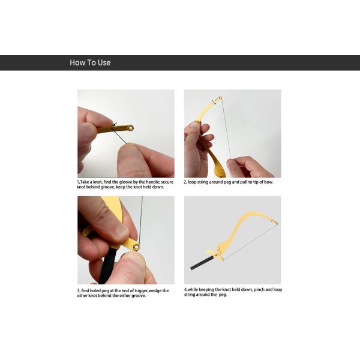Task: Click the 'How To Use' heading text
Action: click(x=90, y=62)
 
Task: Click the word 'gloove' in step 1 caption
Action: click(x=126, y=182)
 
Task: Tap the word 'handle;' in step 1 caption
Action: click(x=153, y=182)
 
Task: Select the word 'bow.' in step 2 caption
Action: click(x=269, y=182)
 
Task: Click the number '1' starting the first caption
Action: click(x=78, y=182)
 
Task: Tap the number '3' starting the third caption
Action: click(x=78, y=291)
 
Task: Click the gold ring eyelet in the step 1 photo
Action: click(x=131, y=128)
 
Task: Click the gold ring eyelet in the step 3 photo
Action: click(x=137, y=247)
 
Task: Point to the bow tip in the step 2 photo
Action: click(x=220, y=98)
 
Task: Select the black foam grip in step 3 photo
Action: click(x=107, y=263)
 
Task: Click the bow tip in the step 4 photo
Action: click(x=276, y=222)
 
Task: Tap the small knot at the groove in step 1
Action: click(x=114, y=125)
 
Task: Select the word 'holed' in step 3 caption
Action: click(x=95, y=290)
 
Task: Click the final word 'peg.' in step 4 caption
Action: click(x=223, y=295)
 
